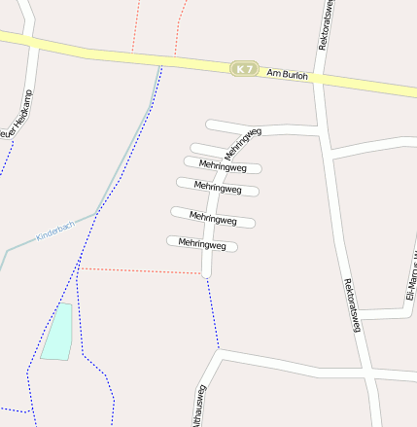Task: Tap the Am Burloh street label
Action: [288, 74]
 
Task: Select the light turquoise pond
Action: [57, 332]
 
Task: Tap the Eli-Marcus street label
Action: [410, 277]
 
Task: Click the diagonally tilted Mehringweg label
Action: [243, 143]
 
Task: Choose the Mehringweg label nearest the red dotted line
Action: [202, 244]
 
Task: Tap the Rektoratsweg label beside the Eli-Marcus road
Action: [352, 306]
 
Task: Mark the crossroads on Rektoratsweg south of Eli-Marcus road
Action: [366, 373]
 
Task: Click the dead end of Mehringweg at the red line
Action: [206, 275]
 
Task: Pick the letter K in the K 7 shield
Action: [238, 69]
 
